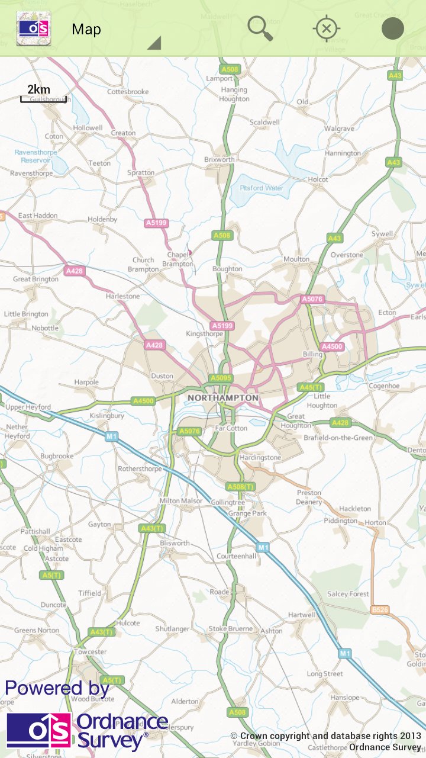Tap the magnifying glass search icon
point(260,28)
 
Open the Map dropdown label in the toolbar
point(86,30)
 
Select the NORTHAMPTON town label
point(222,397)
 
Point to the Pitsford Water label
point(262,188)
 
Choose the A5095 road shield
point(221,378)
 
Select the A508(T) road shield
point(241,486)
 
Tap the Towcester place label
point(90,651)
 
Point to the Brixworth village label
point(219,160)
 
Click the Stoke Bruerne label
point(230,628)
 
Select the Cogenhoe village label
point(384,386)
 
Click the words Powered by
point(57,688)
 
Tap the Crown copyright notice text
point(325,736)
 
